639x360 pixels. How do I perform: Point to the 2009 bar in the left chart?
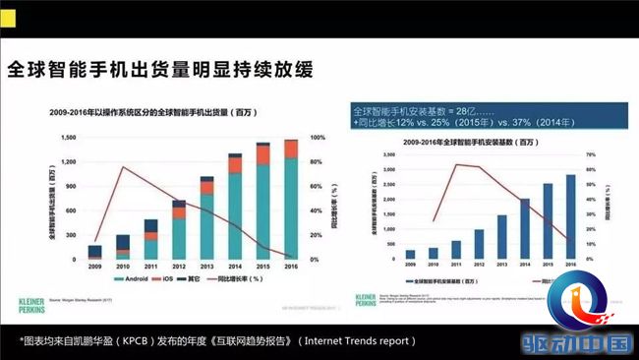click(95, 252)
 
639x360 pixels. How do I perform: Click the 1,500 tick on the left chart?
click(68, 138)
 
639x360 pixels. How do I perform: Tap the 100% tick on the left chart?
click(319, 138)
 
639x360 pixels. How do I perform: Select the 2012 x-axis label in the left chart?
click(178, 267)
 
